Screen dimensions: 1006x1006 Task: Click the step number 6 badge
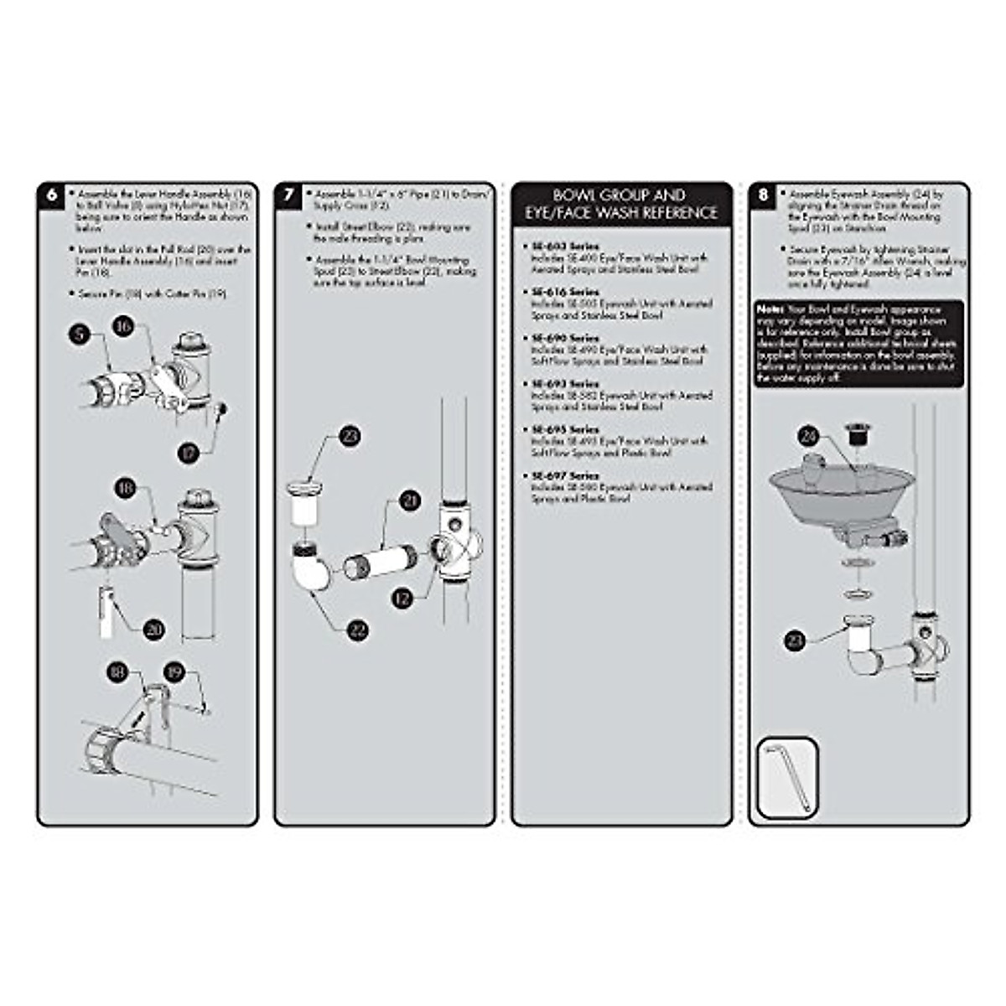coord(52,195)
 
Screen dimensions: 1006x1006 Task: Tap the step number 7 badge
coord(289,195)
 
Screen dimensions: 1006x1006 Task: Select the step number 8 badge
coord(763,195)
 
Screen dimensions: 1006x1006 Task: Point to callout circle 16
coord(124,325)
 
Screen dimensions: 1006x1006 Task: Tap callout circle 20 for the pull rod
coord(153,629)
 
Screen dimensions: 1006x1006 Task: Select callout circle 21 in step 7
coord(410,501)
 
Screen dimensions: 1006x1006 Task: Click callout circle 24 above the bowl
coord(808,436)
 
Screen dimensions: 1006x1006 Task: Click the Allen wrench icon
coord(787,776)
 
